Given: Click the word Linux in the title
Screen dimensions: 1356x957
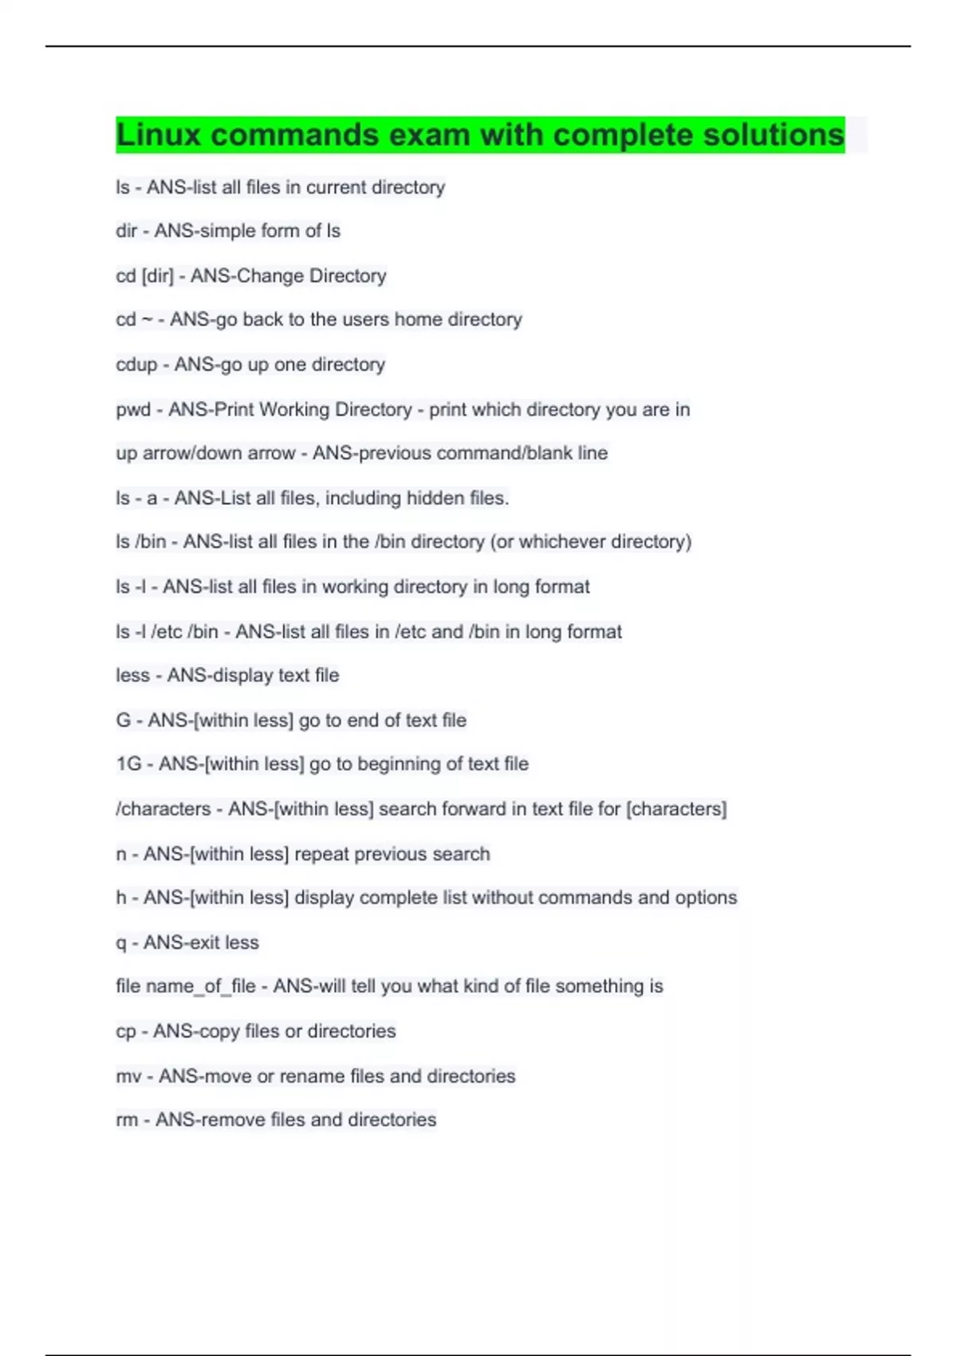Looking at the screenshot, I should (159, 135).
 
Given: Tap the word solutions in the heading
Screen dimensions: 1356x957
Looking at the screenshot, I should (773, 135).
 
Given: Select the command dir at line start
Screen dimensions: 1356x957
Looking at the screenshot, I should (126, 231).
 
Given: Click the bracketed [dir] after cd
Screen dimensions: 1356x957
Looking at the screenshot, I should (157, 276).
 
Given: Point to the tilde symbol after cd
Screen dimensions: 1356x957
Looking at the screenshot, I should (147, 320).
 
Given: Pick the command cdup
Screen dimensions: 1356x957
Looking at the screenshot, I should (136, 365).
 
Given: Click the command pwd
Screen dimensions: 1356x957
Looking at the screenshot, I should (133, 410).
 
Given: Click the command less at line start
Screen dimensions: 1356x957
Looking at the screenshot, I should (132, 676).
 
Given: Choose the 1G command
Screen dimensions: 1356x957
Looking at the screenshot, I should (128, 764).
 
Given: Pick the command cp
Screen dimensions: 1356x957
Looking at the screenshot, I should (126, 1031).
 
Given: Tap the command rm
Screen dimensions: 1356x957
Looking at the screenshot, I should (127, 1120).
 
